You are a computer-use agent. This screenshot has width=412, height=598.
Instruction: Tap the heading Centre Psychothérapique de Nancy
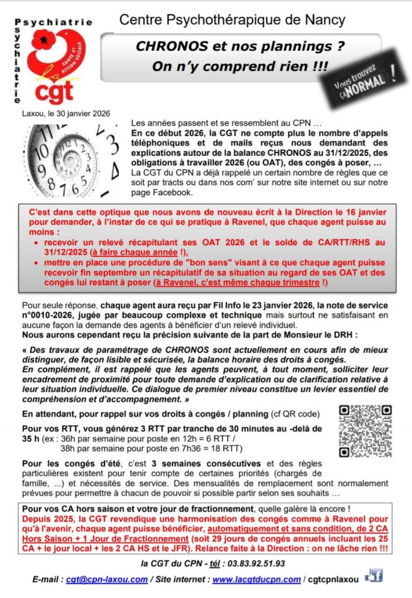pyautogui.click(x=232, y=20)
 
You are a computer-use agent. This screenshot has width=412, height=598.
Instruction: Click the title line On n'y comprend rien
pyautogui.click(x=232, y=66)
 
